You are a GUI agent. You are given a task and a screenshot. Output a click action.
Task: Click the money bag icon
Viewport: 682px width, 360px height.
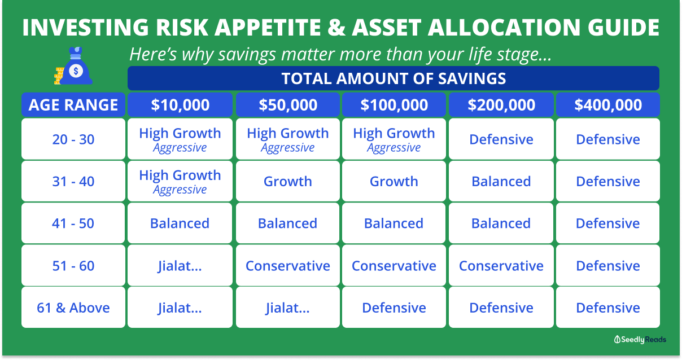coord(73,65)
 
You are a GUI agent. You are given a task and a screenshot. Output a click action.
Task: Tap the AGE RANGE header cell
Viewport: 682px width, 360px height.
coord(73,105)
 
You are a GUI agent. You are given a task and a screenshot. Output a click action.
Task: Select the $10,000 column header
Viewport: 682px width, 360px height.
coord(180,105)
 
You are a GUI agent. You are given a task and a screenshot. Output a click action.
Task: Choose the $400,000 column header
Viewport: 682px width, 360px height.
coord(608,105)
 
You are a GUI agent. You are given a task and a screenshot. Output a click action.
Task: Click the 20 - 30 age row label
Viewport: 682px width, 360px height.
coord(73,139)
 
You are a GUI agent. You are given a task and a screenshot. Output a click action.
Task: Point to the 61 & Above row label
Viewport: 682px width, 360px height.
coord(73,308)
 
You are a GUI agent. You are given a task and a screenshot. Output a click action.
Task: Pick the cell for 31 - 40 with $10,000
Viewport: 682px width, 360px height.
coord(180,181)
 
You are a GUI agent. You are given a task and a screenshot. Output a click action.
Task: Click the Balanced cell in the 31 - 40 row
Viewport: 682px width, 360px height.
coord(501,181)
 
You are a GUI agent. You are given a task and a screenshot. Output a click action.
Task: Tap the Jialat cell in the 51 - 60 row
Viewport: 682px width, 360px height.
coord(180,266)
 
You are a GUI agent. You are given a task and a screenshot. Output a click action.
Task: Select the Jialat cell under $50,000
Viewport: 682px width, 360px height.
coord(288,308)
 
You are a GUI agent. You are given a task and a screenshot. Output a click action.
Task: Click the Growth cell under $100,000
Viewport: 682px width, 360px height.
coord(394,181)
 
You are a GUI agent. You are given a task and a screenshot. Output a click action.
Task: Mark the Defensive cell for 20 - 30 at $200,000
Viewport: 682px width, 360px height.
coord(501,139)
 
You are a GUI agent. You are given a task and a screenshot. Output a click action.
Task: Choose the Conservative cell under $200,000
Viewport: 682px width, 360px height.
coord(501,266)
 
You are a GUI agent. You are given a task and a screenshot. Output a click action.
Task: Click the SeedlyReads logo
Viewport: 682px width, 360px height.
coord(640,339)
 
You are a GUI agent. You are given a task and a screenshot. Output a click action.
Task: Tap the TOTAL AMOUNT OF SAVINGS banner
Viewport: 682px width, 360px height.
coord(394,78)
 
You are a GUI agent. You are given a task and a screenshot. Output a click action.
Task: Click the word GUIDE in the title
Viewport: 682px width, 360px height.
coord(623,28)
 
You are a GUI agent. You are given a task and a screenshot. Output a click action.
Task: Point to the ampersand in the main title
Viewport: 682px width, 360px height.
coord(336,28)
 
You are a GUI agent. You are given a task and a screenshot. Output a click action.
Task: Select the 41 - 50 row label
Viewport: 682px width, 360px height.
coord(73,223)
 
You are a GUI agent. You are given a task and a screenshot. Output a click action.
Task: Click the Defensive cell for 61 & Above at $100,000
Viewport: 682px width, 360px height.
coord(394,308)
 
